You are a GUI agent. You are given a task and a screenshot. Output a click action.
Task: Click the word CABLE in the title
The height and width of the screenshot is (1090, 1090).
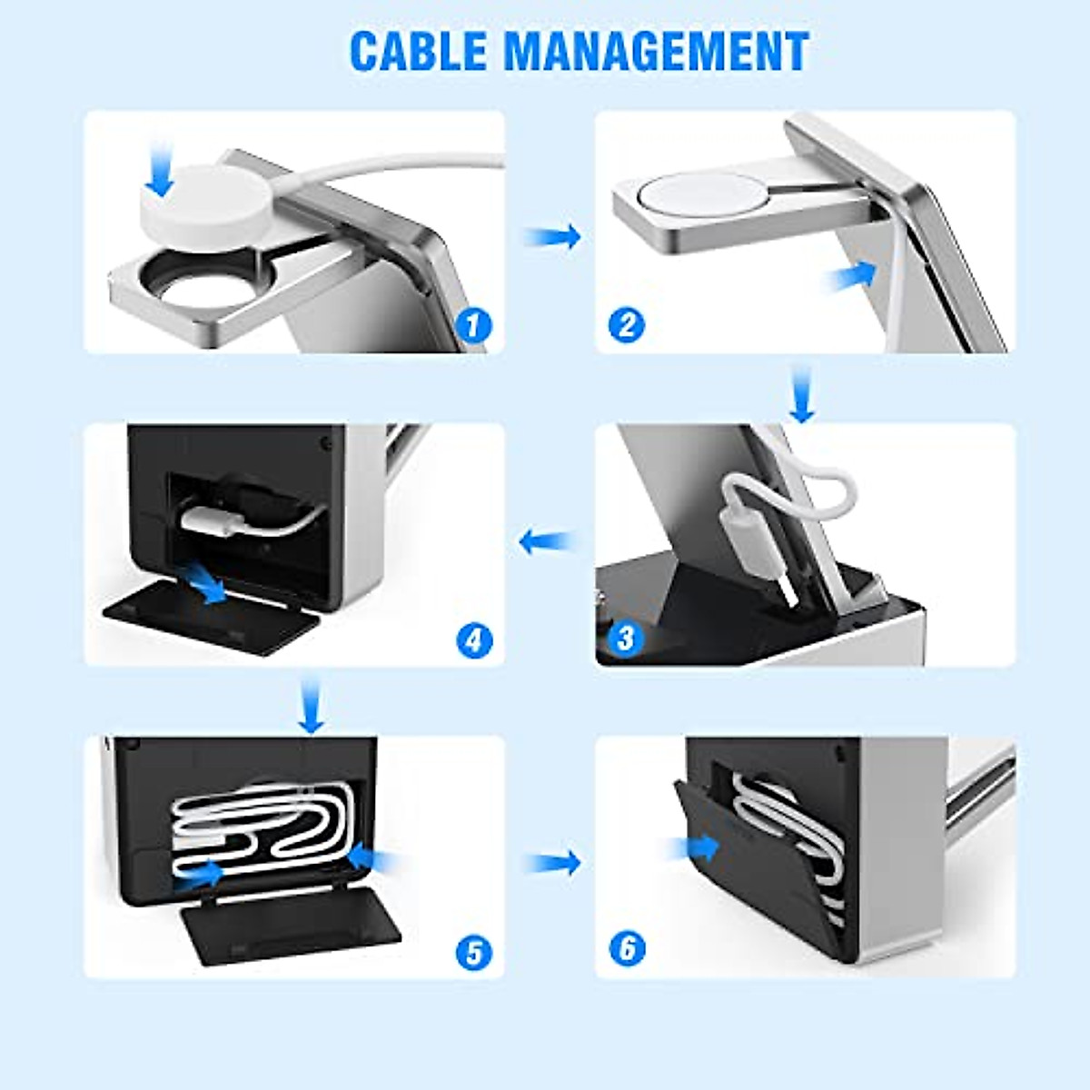[x=419, y=51]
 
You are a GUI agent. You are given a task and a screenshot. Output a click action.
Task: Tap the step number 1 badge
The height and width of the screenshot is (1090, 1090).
[x=472, y=324]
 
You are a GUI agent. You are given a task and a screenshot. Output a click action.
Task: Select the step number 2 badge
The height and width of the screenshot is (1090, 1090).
[x=626, y=324]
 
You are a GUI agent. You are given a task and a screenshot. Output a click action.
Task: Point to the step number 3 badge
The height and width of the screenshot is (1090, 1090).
[x=625, y=638]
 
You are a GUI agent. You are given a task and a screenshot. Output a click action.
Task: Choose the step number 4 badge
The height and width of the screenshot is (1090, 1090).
[x=473, y=640]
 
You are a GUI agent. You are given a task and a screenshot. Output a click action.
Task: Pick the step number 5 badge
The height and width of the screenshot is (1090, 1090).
[x=473, y=952]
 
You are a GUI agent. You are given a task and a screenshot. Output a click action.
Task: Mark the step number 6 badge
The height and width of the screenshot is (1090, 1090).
[x=627, y=950]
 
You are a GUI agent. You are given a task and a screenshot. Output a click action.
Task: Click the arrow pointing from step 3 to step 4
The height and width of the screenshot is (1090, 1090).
[x=546, y=543]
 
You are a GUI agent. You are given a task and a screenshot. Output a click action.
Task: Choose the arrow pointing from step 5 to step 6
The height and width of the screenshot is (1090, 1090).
[x=555, y=862]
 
